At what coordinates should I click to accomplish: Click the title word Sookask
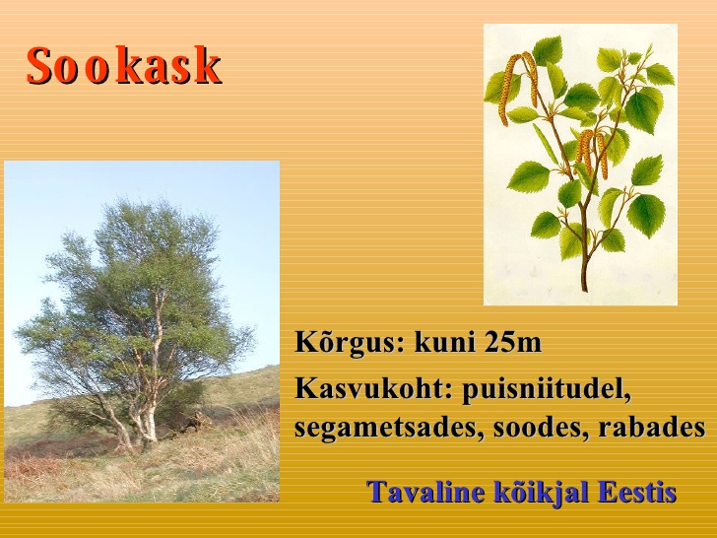tap(124, 65)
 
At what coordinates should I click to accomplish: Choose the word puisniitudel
tap(546, 390)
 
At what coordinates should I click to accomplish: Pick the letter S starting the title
tap(38, 65)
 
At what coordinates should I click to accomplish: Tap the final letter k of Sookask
tap(209, 65)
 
